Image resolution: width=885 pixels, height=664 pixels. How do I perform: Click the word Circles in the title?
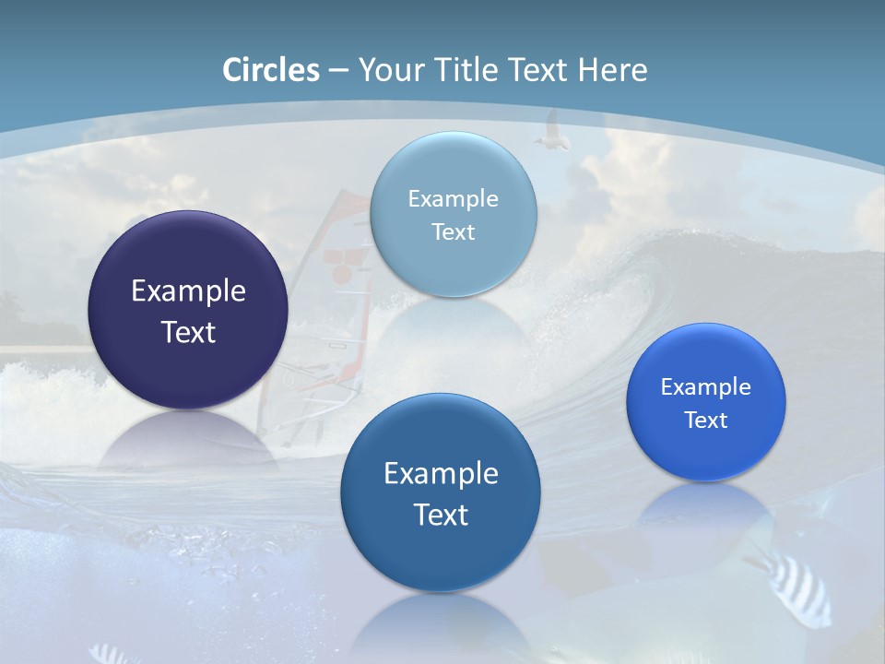coord(271,70)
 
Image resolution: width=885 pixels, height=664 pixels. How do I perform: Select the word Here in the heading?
coord(612,70)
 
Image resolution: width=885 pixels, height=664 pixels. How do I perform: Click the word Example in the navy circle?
coord(188,291)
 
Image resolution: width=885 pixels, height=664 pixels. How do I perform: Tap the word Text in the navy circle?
coord(188,332)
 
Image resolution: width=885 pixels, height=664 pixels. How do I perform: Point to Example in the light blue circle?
coord(453,198)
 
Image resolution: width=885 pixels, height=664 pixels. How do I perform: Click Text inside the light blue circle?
coord(453,231)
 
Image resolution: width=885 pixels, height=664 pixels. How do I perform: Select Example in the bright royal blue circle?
coord(706,386)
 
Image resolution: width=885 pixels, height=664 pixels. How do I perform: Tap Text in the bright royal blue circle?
coord(706,420)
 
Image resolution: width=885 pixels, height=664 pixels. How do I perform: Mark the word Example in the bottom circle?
coord(441,473)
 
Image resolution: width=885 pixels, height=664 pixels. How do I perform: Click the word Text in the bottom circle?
coord(441,514)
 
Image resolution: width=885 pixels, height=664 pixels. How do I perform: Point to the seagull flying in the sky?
coord(552,132)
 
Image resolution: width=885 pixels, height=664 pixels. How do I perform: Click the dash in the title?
coord(338,71)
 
